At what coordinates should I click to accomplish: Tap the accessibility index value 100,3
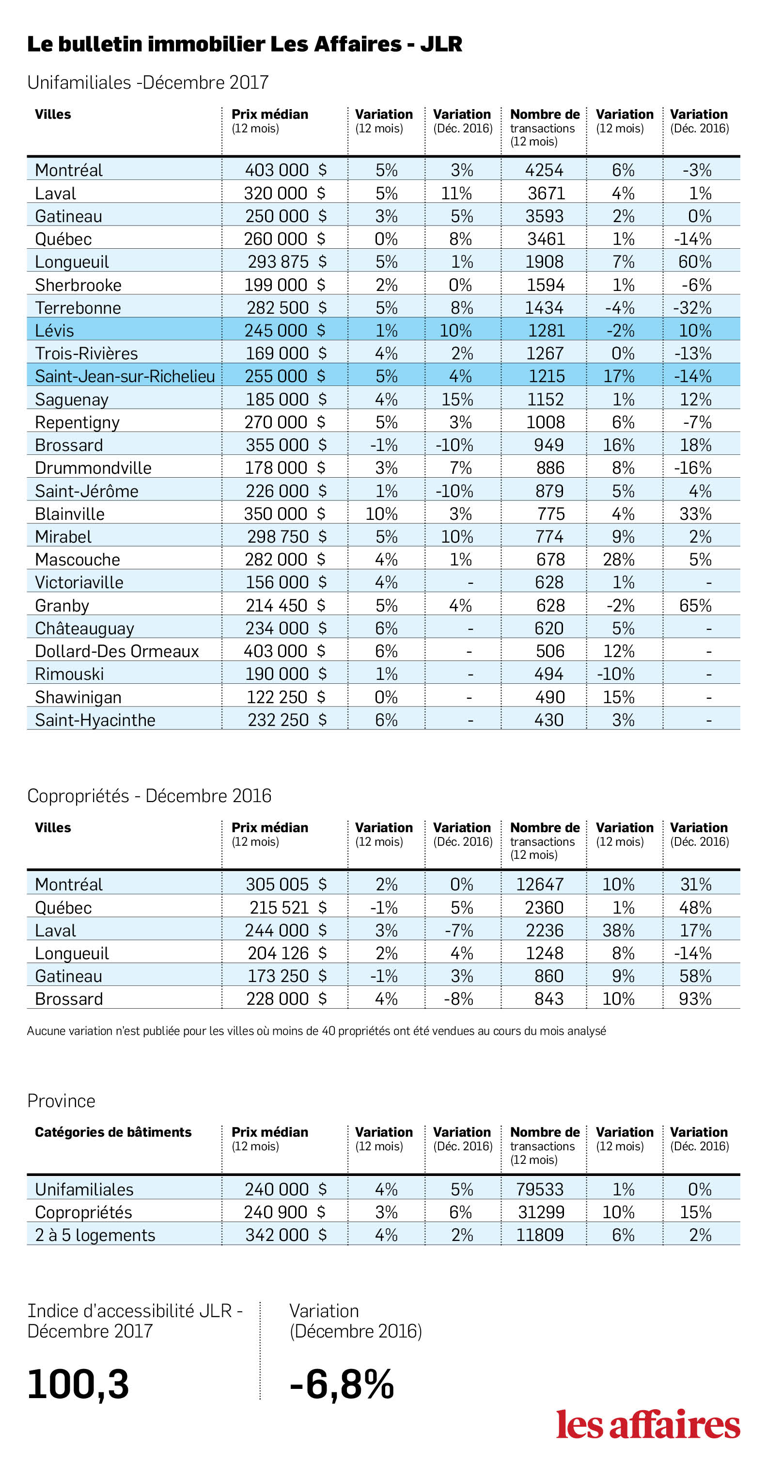[x=78, y=1384]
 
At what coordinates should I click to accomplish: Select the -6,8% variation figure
[x=342, y=1384]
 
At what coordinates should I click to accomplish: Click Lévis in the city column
[x=55, y=330]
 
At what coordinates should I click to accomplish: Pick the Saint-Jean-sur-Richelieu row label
[x=125, y=376]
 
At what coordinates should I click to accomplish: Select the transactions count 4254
[x=544, y=170]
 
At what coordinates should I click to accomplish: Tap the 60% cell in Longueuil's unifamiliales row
[x=695, y=262]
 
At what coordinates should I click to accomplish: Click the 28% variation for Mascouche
[x=619, y=559]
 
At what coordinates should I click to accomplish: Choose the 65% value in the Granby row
[x=695, y=605]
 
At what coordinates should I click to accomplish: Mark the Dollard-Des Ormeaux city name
[x=117, y=651]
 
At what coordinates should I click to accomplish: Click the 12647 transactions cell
[x=540, y=884]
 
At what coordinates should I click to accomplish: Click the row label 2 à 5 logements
[x=95, y=1235]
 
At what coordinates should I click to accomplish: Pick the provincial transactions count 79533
[x=540, y=1189]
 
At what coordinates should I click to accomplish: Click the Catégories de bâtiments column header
[x=113, y=1132]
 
